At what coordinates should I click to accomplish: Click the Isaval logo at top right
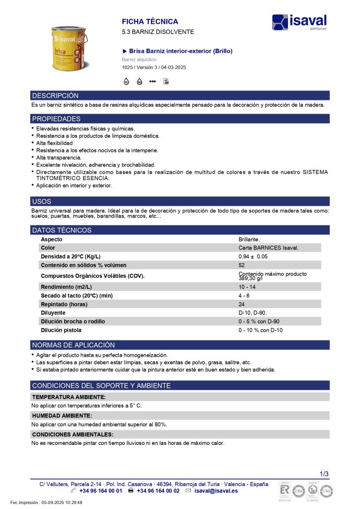299,22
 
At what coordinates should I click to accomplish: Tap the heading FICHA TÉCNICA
150,22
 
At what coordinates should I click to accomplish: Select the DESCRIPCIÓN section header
55,95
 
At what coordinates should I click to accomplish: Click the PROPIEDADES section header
56,119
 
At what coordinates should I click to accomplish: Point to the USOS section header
41,201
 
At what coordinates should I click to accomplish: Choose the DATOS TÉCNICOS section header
62,230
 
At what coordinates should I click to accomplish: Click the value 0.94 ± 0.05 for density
253,256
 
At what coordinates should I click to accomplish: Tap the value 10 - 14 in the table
247,287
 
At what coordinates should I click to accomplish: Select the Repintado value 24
242,304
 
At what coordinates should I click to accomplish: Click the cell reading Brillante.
249,239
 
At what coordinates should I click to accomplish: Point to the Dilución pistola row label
61,330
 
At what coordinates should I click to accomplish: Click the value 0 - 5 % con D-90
259,322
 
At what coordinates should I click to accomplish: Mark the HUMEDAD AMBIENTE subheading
62,416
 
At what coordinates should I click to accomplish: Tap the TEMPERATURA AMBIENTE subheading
68,397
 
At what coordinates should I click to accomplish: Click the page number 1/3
324,474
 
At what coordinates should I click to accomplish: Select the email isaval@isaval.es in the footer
216,491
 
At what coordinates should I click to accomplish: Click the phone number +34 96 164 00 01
101,491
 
